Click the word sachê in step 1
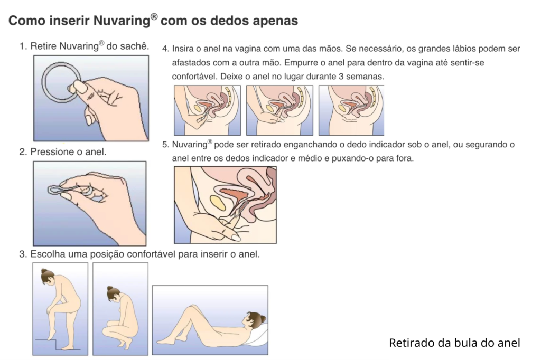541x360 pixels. (134, 46)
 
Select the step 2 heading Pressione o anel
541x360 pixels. (63, 152)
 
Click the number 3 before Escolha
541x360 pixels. (22, 254)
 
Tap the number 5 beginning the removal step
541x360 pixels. (165, 145)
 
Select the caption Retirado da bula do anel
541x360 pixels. (454, 343)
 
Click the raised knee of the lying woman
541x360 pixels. (194, 307)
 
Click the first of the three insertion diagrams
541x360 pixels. (207, 110)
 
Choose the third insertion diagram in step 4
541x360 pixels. (351, 110)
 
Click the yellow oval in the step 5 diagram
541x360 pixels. (217, 202)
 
